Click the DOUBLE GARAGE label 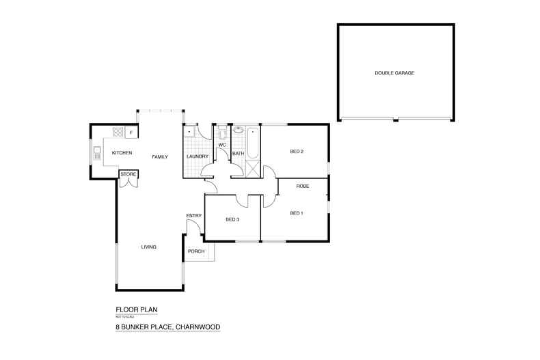394,73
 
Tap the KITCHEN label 122,152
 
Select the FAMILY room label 160,157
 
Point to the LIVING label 149,247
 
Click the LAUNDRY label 197,157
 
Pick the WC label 222,145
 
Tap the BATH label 238,154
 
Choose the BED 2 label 296,152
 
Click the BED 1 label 296,213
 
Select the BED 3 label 232,219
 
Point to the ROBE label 303,186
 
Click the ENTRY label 194,216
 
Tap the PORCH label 196,251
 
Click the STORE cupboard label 128,175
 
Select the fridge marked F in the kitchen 131,132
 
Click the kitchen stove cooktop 118,132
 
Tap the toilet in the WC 222,133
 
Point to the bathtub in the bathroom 253,143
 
